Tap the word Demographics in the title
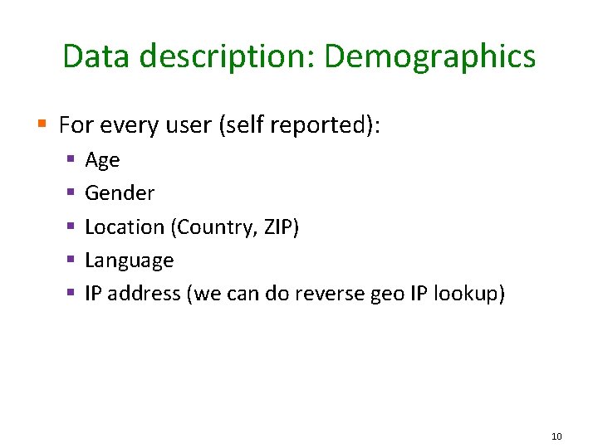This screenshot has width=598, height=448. point(429,56)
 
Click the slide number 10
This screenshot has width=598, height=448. point(556,436)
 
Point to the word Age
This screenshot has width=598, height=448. point(102,160)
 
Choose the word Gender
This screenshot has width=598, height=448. point(120,193)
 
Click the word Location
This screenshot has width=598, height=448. point(125,226)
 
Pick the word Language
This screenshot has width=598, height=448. point(129,261)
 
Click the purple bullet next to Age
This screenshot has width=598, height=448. point(71,158)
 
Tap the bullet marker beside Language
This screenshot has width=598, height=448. point(71,259)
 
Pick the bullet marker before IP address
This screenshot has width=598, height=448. point(71,292)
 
